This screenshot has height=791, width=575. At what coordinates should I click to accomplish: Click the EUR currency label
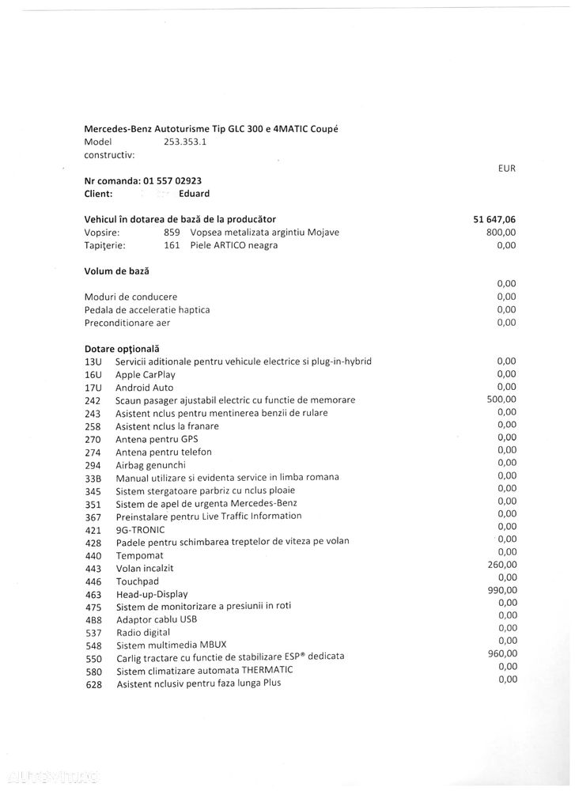pyautogui.click(x=507, y=168)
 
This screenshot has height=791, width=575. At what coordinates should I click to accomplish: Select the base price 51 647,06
pyautogui.click(x=490, y=219)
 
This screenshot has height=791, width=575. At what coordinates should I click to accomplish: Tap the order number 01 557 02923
pyautogui.click(x=173, y=181)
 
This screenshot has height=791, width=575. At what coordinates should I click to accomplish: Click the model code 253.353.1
pyautogui.click(x=186, y=142)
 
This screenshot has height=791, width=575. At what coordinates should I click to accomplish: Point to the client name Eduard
pyautogui.click(x=195, y=194)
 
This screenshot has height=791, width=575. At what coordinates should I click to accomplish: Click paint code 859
pyautogui.click(x=172, y=233)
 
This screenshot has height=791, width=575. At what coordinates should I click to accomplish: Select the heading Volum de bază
pyautogui.click(x=116, y=271)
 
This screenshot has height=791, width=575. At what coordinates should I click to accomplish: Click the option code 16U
pyautogui.click(x=93, y=375)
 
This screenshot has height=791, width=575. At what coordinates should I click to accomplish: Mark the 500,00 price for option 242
pyautogui.click(x=501, y=399)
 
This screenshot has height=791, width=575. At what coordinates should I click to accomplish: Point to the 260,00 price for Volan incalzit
pyautogui.click(x=501, y=565)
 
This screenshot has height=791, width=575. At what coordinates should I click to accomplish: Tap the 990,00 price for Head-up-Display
pyautogui.click(x=501, y=590)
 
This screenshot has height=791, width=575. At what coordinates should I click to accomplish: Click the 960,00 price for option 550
pyautogui.click(x=501, y=653)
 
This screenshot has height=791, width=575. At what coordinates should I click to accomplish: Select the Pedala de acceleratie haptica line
pyautogui.click(x=147, y=310)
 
